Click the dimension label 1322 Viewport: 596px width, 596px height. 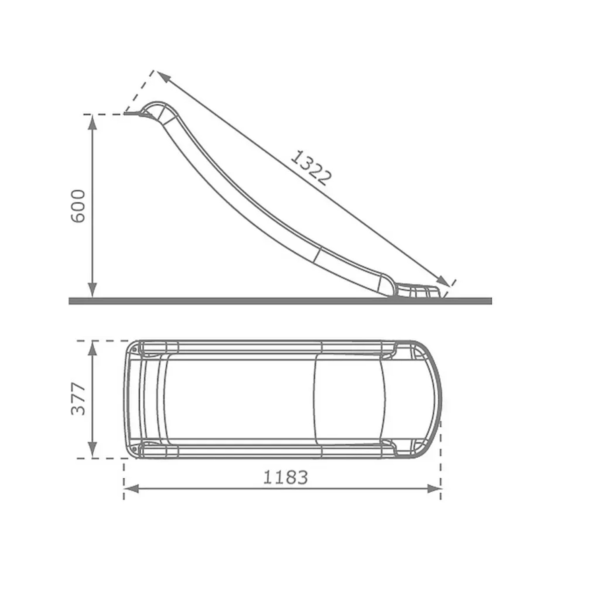tap(310, 168)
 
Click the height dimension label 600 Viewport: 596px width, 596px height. tap(78, 206)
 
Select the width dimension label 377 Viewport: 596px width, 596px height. tap(78, 399)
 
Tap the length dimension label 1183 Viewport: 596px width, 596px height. tap(285, 477)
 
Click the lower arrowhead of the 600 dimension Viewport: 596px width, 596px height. tap(92, 290)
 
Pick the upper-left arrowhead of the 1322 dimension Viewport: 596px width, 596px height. tap(163, 76)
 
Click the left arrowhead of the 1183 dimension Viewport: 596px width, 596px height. tap(132, 489)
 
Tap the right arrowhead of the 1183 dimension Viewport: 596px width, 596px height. tap(433, 489)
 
